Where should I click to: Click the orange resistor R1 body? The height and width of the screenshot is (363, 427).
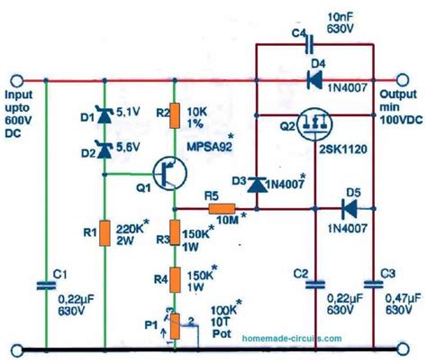click(x=105, y=233)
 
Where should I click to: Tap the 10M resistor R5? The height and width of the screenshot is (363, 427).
click(x=222, y=209)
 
